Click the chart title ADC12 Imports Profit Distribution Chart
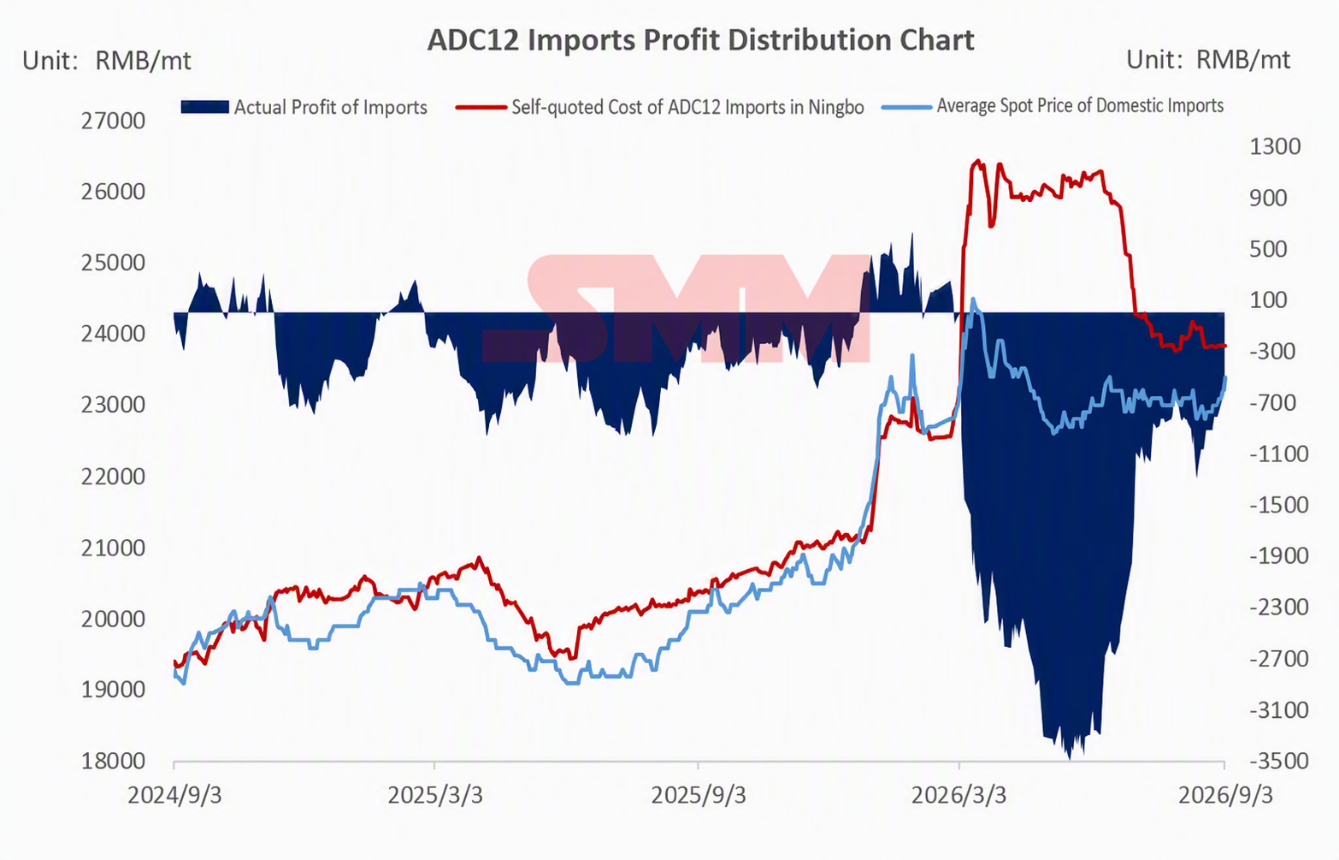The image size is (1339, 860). [700, 41]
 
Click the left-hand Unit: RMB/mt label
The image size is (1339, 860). [106, 61]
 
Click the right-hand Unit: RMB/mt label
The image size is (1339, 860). [1208, 60]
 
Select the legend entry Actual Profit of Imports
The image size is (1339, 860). [304, 107]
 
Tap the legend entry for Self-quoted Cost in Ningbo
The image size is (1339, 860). [659, 107]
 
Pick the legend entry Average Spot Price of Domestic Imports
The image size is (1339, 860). [1053, 106]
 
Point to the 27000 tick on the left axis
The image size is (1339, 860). [113, 121]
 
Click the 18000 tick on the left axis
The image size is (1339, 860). [113, 762]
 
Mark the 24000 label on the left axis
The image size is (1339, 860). [113, 334]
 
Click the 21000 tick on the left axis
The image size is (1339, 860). [113, 548]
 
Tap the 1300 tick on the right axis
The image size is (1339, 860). [1275, 146]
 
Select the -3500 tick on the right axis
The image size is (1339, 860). [1279, 762]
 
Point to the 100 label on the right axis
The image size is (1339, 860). [1268, 300]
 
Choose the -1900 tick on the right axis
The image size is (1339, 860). [1279, 556]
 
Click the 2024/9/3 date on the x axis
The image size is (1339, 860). [174, 796]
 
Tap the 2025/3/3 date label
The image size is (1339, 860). [435, 796]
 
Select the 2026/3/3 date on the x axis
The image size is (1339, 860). [959, 796]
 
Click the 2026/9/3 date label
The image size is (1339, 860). [1225, 796]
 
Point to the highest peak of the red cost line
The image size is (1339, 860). [978, 160]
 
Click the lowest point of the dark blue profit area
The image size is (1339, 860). [1070, 758]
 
